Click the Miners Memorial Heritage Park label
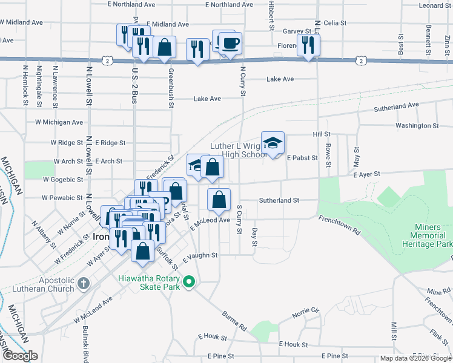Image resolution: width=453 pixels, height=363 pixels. point(426,235)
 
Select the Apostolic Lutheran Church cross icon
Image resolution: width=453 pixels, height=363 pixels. point(84,283)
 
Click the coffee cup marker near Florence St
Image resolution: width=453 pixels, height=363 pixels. point(230,44)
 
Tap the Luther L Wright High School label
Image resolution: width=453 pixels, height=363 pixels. point(238,150)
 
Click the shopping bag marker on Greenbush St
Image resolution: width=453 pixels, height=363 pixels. point(164,47)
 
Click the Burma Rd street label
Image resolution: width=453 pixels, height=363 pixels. point(234,321)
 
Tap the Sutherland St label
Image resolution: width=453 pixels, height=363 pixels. point(279,200)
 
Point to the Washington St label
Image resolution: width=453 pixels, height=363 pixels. point(417,126)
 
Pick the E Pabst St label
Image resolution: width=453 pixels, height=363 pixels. point(302,158)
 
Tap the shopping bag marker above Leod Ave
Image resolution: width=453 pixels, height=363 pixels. point(219,199)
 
